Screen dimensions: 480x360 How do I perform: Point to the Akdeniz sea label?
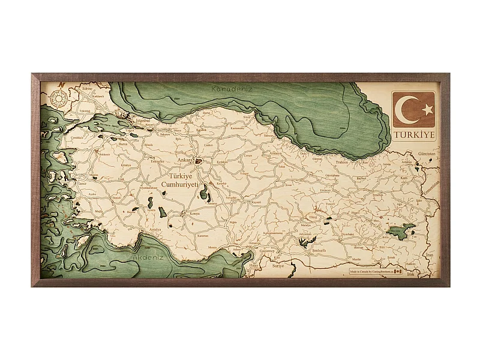pos(146,258)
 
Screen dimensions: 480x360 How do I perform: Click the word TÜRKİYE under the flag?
pos(414,135)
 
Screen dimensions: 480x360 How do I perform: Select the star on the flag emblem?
pos(427,109)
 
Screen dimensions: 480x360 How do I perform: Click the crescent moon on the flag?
pos(410,109)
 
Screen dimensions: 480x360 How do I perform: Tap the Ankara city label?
pos(184,160)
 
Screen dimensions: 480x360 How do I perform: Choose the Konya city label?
pos(194,214)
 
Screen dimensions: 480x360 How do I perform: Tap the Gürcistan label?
pos(427,154)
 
